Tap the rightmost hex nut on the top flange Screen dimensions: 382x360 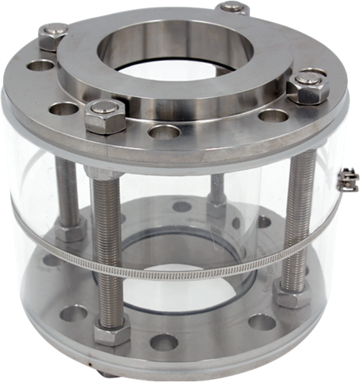coord(310,86)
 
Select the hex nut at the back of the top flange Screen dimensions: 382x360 coord(232,8)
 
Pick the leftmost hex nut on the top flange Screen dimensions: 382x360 coord(52,36)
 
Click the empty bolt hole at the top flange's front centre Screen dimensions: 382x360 coord(164,131)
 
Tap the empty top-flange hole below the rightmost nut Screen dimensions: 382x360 coord(273,116)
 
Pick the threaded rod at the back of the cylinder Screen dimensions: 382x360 coord(218,191)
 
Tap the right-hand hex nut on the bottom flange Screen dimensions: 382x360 coord(293,294)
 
